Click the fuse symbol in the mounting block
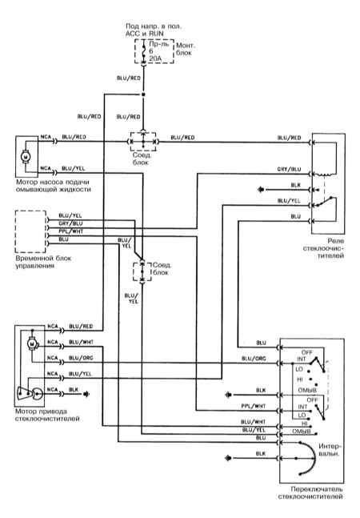pyautogui.click(x=143, y=51)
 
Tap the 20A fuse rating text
pyautogui.click(x=155, y=58)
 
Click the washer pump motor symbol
pyautogui.click(x=25, y=156)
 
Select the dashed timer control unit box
pyautogui.click(x=30, y=231)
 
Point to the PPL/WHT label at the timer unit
pyautogui.click(x=71, y=231)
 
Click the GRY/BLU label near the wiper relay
pyautogui.click(x=289, y=169)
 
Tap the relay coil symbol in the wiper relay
pyautogui.click(x=324, y=174)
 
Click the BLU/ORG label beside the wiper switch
pyautogui.click(x=254, y=359)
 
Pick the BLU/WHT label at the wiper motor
pyautogui.click(x=81, y=342)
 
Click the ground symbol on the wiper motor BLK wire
pyautogui.click(x=86, y=394)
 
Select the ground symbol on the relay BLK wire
pyautogui.click(x=262, y=190)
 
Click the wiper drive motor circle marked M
pyautogui.click(x=32, y=344)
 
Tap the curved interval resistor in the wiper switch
pyautogui.click(x=311, y=458)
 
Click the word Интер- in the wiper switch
pyautogui.click(x=329, y=446)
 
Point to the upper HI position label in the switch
pyautogui.click(x=300, y=379)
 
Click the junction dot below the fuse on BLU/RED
pyautogui.click(x=143, y=94)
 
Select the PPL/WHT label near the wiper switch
pyautogui.click(x=253, y=406)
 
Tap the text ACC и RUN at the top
pyautogui.click(x=145, y=34)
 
